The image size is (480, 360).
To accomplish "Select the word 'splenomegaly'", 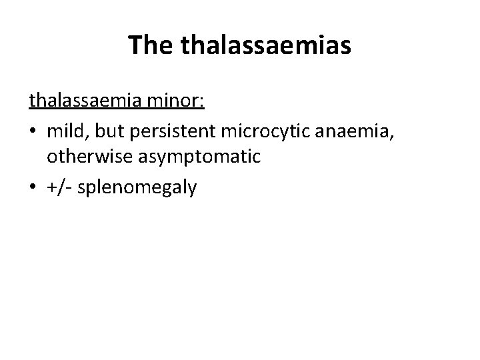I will (x=137, y=189).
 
